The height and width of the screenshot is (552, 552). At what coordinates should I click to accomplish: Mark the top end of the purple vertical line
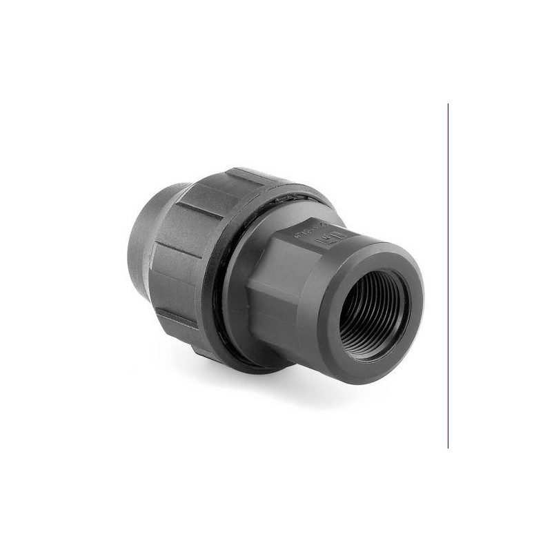click(448, 105)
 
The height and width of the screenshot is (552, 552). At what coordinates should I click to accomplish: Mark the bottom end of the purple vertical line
click(448, 447)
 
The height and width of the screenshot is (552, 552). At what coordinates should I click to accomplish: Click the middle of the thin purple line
click(448, 276)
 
